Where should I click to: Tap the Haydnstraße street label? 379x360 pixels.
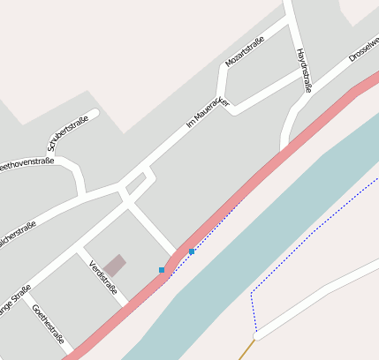point(305,71)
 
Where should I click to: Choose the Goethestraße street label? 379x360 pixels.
point(48,324)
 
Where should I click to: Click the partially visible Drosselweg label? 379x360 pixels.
point(364,49)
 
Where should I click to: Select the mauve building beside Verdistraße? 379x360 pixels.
point(114,265)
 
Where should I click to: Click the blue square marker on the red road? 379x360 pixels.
point(192,251)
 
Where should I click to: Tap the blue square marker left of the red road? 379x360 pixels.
point(162,269)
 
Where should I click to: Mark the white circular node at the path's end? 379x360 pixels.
point(256,336)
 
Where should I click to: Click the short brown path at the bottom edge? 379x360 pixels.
point(245,351)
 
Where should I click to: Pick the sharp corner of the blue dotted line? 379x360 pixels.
point(252,291)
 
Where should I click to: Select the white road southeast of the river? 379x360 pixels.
point(318,295)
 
